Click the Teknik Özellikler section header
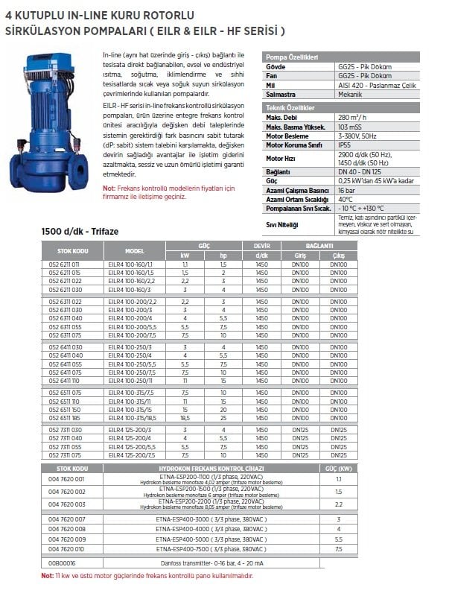pos(293,109)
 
